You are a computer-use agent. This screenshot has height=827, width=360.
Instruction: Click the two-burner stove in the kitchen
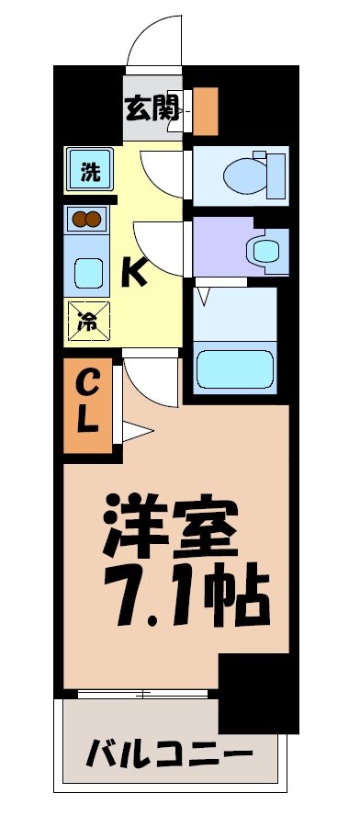click(86, 219)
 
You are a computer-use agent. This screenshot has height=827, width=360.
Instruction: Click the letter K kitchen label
click(136, 271)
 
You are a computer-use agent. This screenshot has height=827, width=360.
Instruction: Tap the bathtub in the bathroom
click(236, 366)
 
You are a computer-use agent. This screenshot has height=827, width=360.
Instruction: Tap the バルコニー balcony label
click(169, 756)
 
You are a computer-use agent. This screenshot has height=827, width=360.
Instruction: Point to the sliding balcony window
click(147, 692)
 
